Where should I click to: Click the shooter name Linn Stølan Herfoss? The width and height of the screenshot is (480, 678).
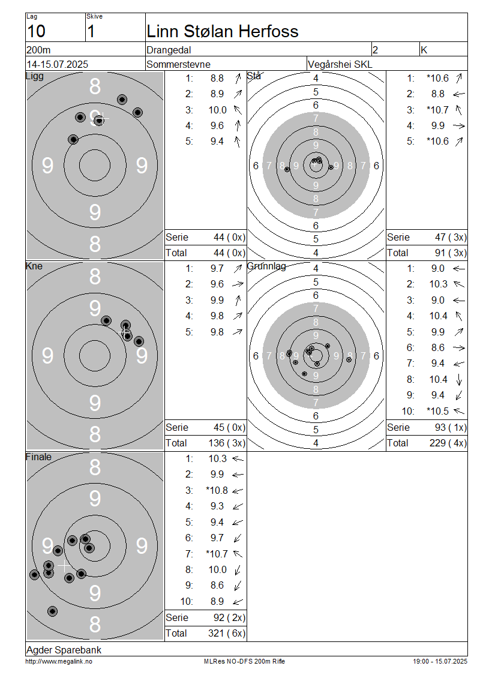pyautogui.click(x=222, y=32)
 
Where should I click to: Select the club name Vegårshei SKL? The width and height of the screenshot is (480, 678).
pyautogui.click(x=340, y=64)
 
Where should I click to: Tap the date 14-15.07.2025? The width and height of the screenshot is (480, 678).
pyautogui.click(x=57, y=64)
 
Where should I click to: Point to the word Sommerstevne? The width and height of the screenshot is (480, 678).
pyautogui.click(x=178, y=64)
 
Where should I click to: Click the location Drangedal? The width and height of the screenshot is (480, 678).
pyautogui.click(x=169, y=50)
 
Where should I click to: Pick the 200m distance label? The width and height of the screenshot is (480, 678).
pyautogui.click(x=38, y=50)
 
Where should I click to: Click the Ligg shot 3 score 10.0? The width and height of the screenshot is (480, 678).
pyautogui.click(x=218, y=110)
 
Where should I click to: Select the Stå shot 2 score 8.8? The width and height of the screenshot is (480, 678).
pyautogui.click(x=437, y=94)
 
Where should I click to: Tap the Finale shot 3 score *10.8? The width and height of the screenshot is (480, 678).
pyautogui.click(x=217, y=490)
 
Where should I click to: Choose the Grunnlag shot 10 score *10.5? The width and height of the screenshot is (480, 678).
pyautogui.click(x=437, y=411)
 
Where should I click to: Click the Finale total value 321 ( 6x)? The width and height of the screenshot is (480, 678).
pyautogui.click(x=227, y=634)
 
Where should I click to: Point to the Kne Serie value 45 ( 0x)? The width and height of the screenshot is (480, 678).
pyautogui.click(x=229, y=428)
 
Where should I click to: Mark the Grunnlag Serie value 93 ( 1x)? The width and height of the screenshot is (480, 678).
pyautogui.click(x=451, y=428)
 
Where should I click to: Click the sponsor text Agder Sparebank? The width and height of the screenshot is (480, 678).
pyautogui.click(x=64, y=650)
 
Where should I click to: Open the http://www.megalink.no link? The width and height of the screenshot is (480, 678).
pyautogui.click(x=59, y=662)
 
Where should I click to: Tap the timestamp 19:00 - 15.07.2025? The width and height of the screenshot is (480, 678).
pyautogui.click(x=440, y=662)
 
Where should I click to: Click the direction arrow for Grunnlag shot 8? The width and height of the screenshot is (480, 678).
pyautogui.click(x=459, y=380)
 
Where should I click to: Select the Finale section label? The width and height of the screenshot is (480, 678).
pyautogui.click(x=38, y=457)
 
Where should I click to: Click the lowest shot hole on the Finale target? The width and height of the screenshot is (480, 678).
pyautogui.click(x=52, y=611)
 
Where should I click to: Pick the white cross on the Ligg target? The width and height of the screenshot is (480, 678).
pyautogui.click(x=102, y=118)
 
